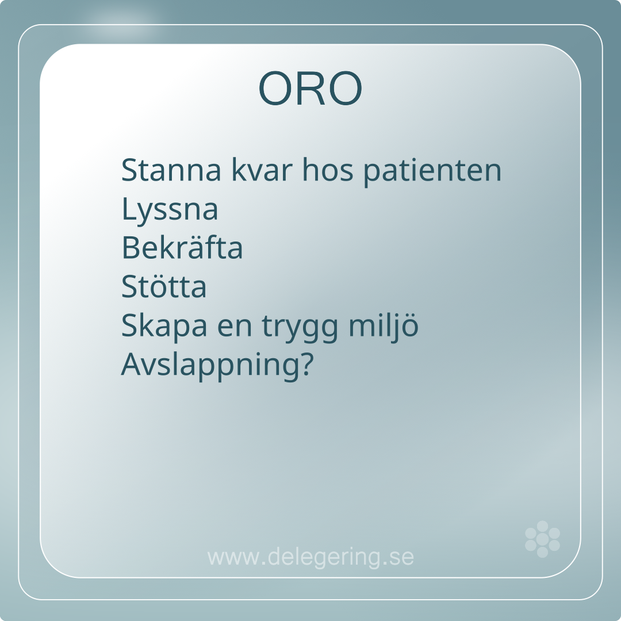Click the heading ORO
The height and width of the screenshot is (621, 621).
point(310,88)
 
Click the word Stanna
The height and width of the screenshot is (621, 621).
point(171,170)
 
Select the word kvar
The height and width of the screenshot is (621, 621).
point(262,170)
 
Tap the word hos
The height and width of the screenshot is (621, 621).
point(328,170)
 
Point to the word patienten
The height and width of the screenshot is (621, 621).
point(432,172)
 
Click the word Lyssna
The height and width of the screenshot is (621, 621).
point(170,210)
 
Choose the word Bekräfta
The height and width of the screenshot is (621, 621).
point(182,247)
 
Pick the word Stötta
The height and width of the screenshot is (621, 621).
point(163,286)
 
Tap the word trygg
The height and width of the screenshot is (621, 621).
point(300,327)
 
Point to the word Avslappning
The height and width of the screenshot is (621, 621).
point(210,365)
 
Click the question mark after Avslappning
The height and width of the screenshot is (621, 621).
point(307,363)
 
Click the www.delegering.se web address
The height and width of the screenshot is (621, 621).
point(310,557)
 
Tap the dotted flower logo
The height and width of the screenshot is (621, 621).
point(542,539)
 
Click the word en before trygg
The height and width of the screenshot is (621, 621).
point(235,327)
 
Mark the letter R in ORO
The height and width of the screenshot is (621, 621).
point(310,88)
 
